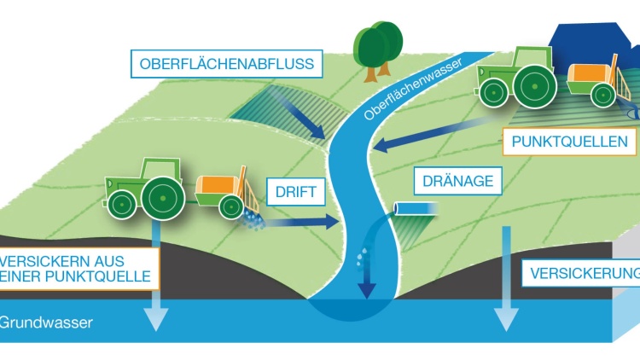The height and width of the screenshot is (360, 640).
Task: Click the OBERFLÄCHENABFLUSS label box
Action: point(226,64)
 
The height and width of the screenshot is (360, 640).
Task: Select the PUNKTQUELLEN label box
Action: point(569,142)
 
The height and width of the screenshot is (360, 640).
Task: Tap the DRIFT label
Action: point(296,191)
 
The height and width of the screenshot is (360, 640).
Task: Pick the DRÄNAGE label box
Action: point(457,181)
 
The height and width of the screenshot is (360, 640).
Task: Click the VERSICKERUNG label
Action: point(581,273)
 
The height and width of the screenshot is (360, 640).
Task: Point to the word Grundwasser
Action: point(46,322)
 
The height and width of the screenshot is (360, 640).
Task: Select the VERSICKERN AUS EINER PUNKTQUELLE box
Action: point(79,269)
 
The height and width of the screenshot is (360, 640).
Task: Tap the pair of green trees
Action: point(377,51)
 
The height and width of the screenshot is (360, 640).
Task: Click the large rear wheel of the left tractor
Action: point(163,199)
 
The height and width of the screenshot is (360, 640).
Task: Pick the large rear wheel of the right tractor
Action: point(535,87)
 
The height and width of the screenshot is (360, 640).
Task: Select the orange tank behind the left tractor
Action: point(217,186)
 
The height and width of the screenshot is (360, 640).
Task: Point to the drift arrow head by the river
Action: point(332,222)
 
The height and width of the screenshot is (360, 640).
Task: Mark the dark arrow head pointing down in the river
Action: point(367,290)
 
